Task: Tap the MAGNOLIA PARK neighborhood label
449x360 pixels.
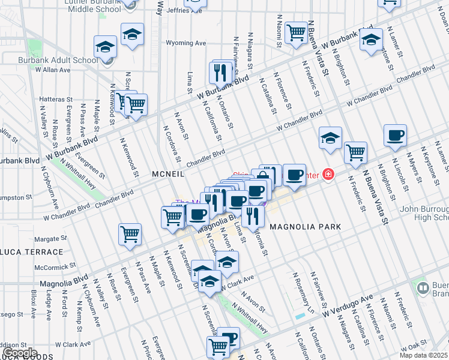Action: pyautogui.click(x=306, y=227)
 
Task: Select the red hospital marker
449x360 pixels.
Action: pyautogui.click(x=328, y=175)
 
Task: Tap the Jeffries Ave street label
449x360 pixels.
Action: pyautogui.click(x=169, y=10)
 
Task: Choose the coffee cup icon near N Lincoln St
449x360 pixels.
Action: pyautogui.click(x=394, y=136)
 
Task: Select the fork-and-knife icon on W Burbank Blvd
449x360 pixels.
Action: pyautogui.click(x=221, y=73)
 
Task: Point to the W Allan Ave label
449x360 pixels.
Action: pyautogui.click(x=53, y=70)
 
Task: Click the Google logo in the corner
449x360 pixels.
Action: pyautogui.click(x=20, y=353)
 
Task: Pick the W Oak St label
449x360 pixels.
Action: pyautogui.click(x=413, y=346)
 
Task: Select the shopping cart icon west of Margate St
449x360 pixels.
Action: pyautogui.click(x=129, y=234)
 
